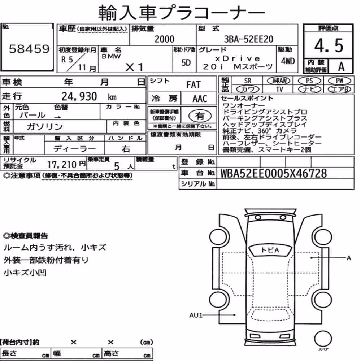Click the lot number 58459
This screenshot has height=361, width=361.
click(29, 49)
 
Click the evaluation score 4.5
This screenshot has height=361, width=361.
click(329, 45)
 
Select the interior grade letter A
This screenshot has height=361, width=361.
click(341, 66)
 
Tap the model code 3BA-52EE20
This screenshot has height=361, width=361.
click(249, 39)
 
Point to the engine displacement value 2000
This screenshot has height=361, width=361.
click(164, 39)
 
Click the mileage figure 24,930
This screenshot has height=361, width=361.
click(79, 96)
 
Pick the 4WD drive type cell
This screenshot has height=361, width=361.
click(288, 61)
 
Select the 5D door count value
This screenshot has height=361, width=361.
click(186, 62)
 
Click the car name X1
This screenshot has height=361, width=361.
click(135, 67)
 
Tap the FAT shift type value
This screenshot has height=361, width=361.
click(193, 85)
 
